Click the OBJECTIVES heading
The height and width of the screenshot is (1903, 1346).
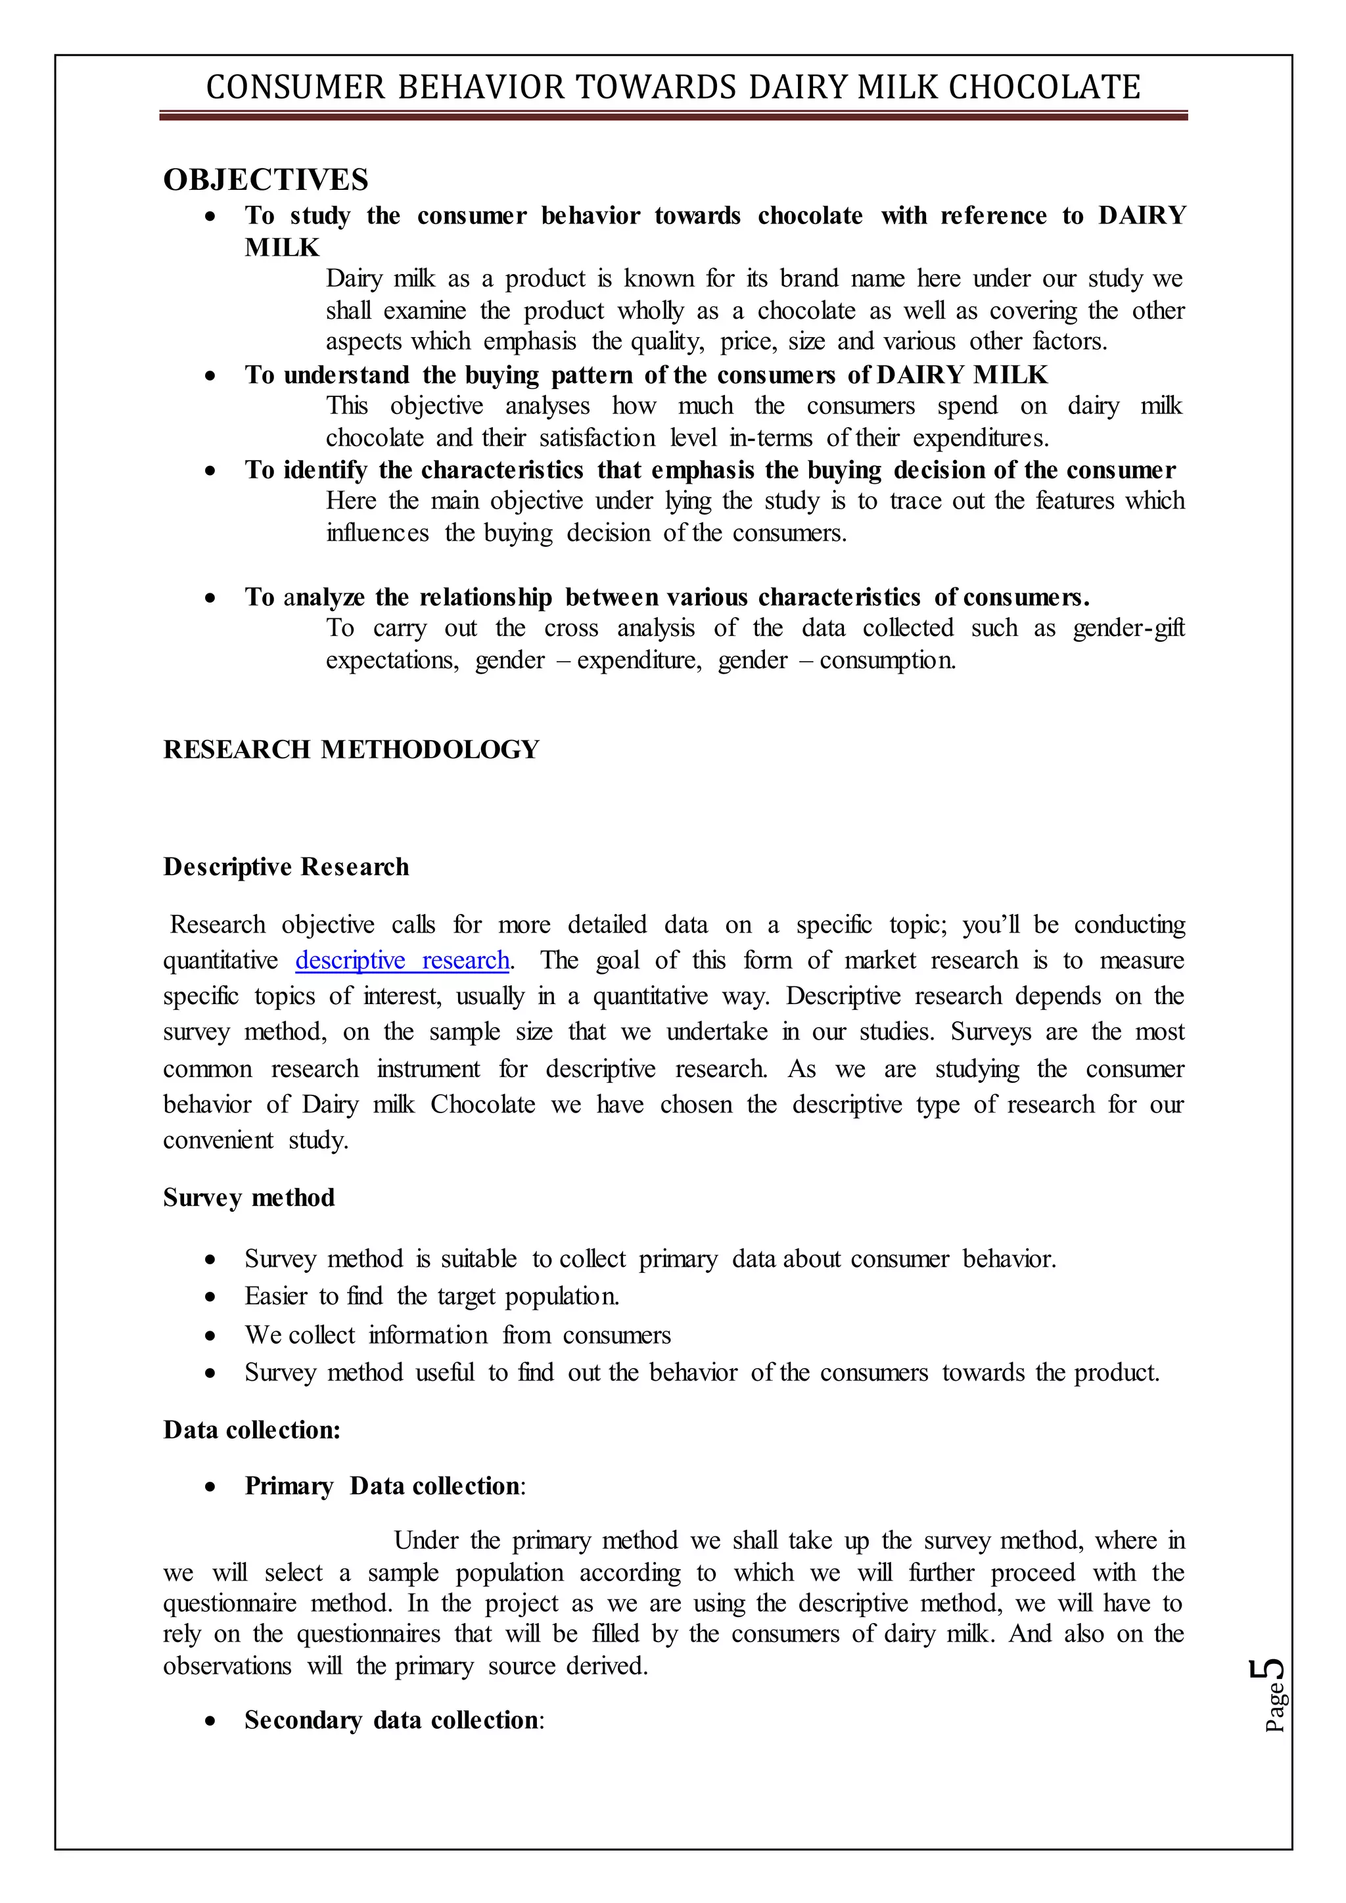click(x=266, y=180)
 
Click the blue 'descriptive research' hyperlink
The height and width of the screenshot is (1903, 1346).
click(x=402, y=960)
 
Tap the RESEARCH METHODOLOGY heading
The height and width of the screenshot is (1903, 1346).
click(x=350, y=749)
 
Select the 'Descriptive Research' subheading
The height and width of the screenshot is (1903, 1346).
click(x=286, y=867)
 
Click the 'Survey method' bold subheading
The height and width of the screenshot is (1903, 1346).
click(x=248, y=1198)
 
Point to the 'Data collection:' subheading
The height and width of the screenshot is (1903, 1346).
click(x=252, y=1430)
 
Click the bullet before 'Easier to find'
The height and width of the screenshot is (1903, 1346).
click(x=212, y=1296)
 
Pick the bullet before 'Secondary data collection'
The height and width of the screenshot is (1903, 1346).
click(x=212, y=1721)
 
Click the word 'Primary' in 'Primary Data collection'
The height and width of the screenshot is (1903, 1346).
click(x=289, y=1486)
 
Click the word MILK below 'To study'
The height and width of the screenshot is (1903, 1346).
click(x=282, y=248)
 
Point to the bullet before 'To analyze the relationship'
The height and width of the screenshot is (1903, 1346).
click(x=212, y=597)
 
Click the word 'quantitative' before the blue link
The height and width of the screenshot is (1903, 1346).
click(x=220, y=960)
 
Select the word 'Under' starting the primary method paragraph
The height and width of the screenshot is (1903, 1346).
click(x=425, y=1541)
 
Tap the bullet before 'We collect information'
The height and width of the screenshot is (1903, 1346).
click(x=212, y=1335)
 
